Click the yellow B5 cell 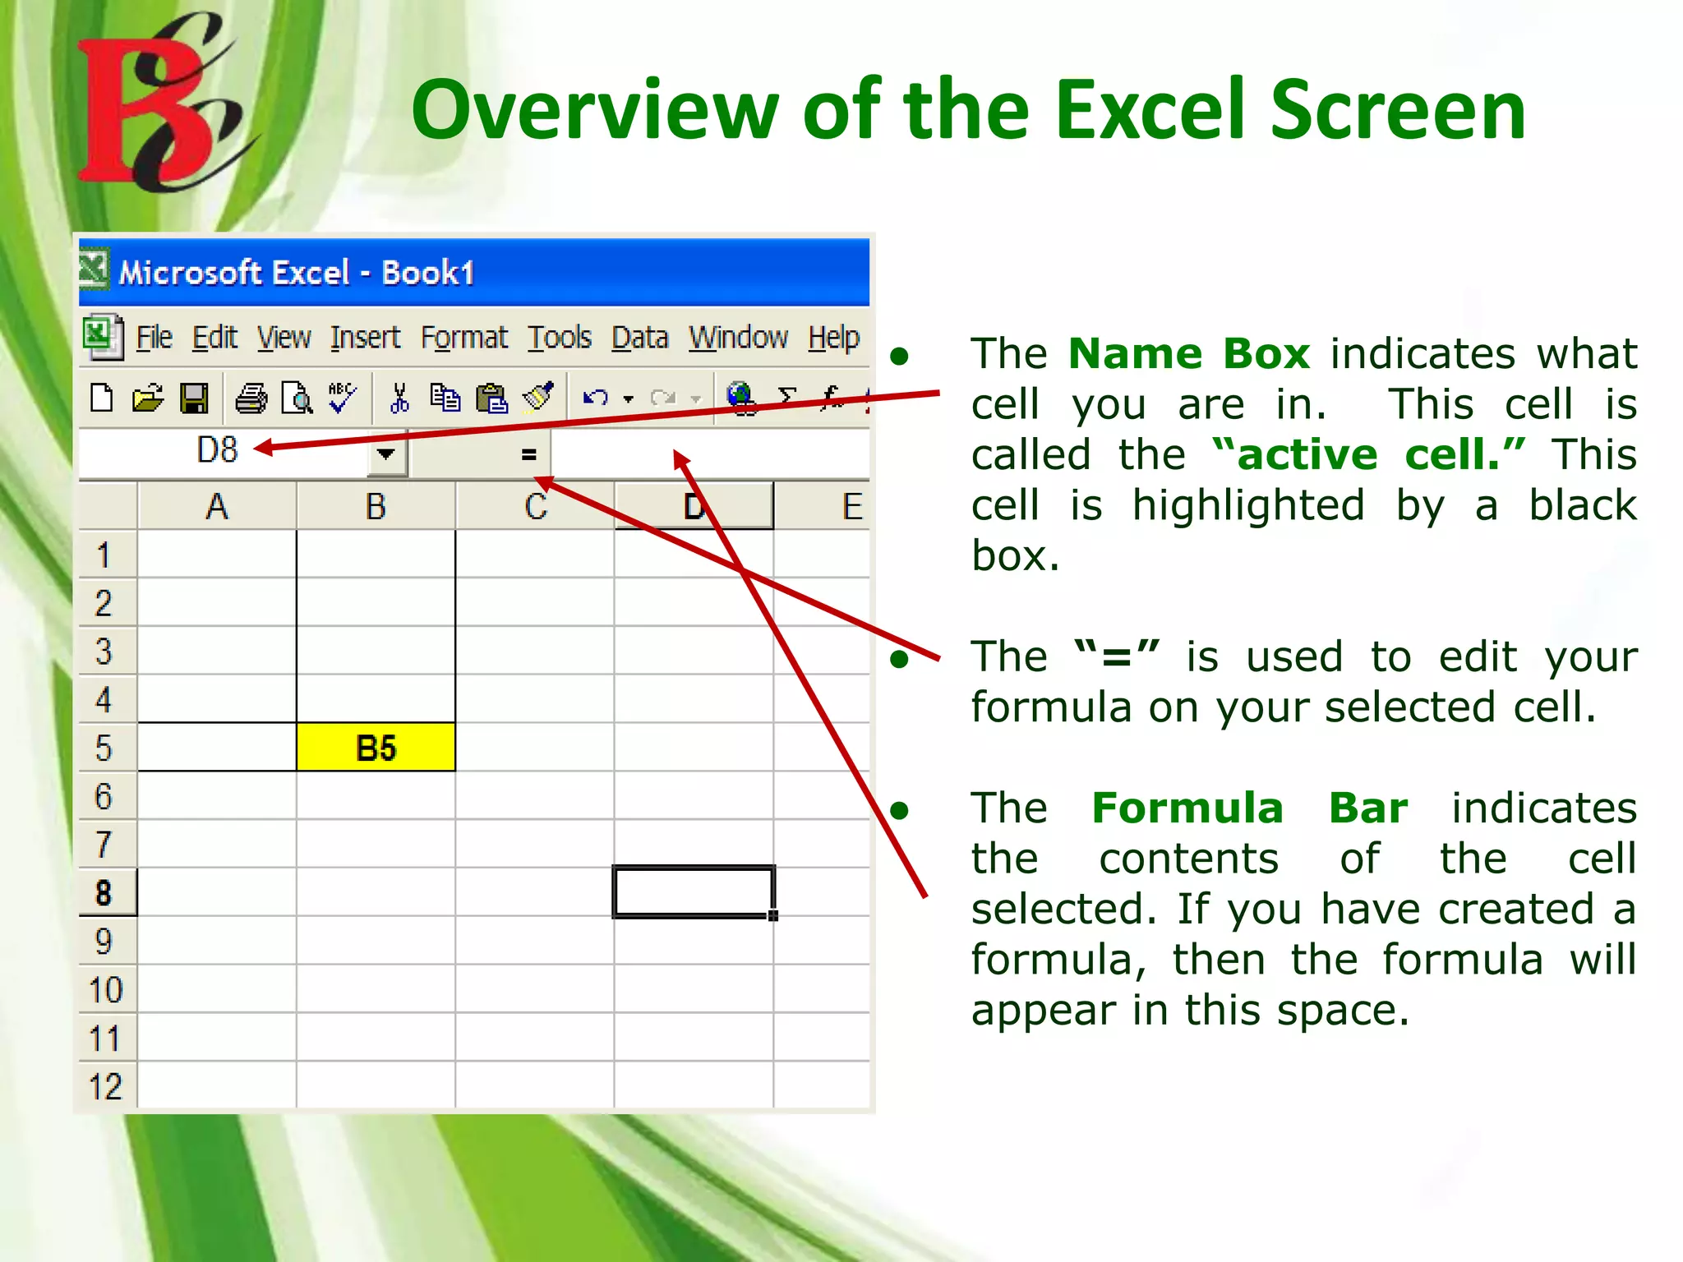point(376,748)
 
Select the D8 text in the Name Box point(217,450)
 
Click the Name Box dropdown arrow point(385,454)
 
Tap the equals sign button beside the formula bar point(528,454)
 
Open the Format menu point(463,338)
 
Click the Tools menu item point(559,338)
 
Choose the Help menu point(833,338)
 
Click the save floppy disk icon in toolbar point(195,399)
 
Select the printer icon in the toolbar point(251,399)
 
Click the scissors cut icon point(399,399)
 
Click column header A point(217,506)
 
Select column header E point(851,506)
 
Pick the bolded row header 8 point(104,893)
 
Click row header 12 point(105,1087)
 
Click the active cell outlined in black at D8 point(693,891)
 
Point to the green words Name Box point(1188,354)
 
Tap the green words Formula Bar point(1249,808)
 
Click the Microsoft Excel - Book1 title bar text point(296,273)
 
